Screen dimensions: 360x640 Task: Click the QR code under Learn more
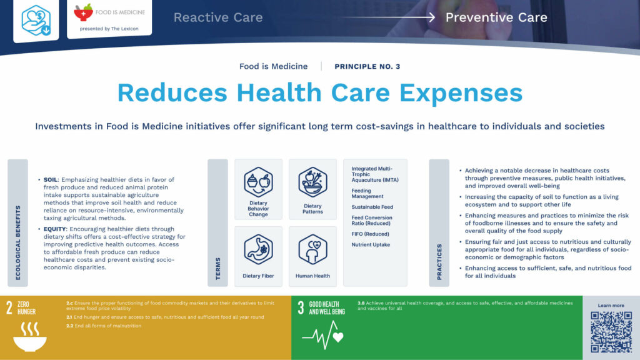point(611,331)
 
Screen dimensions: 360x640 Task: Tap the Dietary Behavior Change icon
point(258,182)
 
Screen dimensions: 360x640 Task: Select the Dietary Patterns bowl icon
point(312,182)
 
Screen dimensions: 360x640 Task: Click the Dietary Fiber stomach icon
point(258,249)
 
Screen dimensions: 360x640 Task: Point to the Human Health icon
point(312,249)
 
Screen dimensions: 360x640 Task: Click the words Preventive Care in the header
point(496,17)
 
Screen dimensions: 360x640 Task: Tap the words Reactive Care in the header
point(218,17)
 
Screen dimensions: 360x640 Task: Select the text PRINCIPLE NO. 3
point(367,66)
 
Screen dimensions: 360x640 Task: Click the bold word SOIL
point(50,180)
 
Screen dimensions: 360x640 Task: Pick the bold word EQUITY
point(54,229)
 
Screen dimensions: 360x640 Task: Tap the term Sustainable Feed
point(372,207)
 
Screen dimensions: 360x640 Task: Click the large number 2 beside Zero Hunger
point(9,307)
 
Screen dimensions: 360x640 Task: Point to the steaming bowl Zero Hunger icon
point(29,336)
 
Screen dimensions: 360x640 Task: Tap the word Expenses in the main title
point(461,93)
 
